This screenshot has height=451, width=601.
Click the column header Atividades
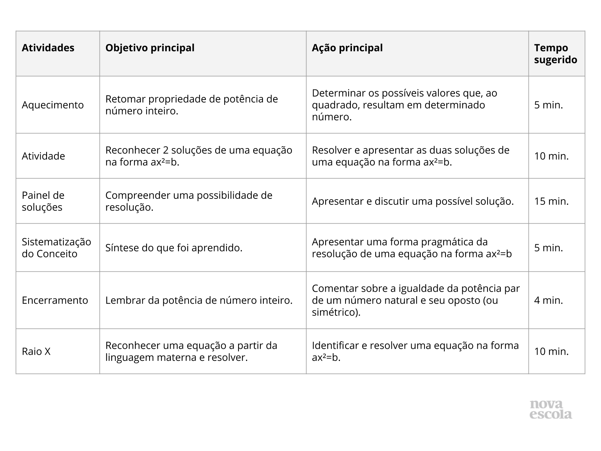click(48, 48)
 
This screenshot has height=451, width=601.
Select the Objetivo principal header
click(150, 48)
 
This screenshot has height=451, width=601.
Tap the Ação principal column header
click(347, 48)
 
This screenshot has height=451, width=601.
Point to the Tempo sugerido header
click(556, 54)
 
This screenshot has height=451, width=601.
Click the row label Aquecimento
click(53, 105)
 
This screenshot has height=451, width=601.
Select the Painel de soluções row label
click(43, 201)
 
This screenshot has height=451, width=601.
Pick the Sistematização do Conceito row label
click(56, 248)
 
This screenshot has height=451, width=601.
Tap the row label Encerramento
click(55, 300)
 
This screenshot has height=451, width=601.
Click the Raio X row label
click(36, 351)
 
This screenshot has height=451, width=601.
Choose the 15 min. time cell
click(551, 201)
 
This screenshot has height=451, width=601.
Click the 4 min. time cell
click(548, 300)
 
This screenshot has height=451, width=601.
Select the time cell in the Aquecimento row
click(548, 105)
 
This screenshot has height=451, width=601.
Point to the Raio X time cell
click(551, 351)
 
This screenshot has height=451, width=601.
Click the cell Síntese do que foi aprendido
click(174, 248)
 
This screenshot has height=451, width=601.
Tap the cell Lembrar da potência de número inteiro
click(199, 300)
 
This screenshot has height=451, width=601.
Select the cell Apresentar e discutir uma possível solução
click(412, 201)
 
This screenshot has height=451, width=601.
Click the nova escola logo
click(551, 410)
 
